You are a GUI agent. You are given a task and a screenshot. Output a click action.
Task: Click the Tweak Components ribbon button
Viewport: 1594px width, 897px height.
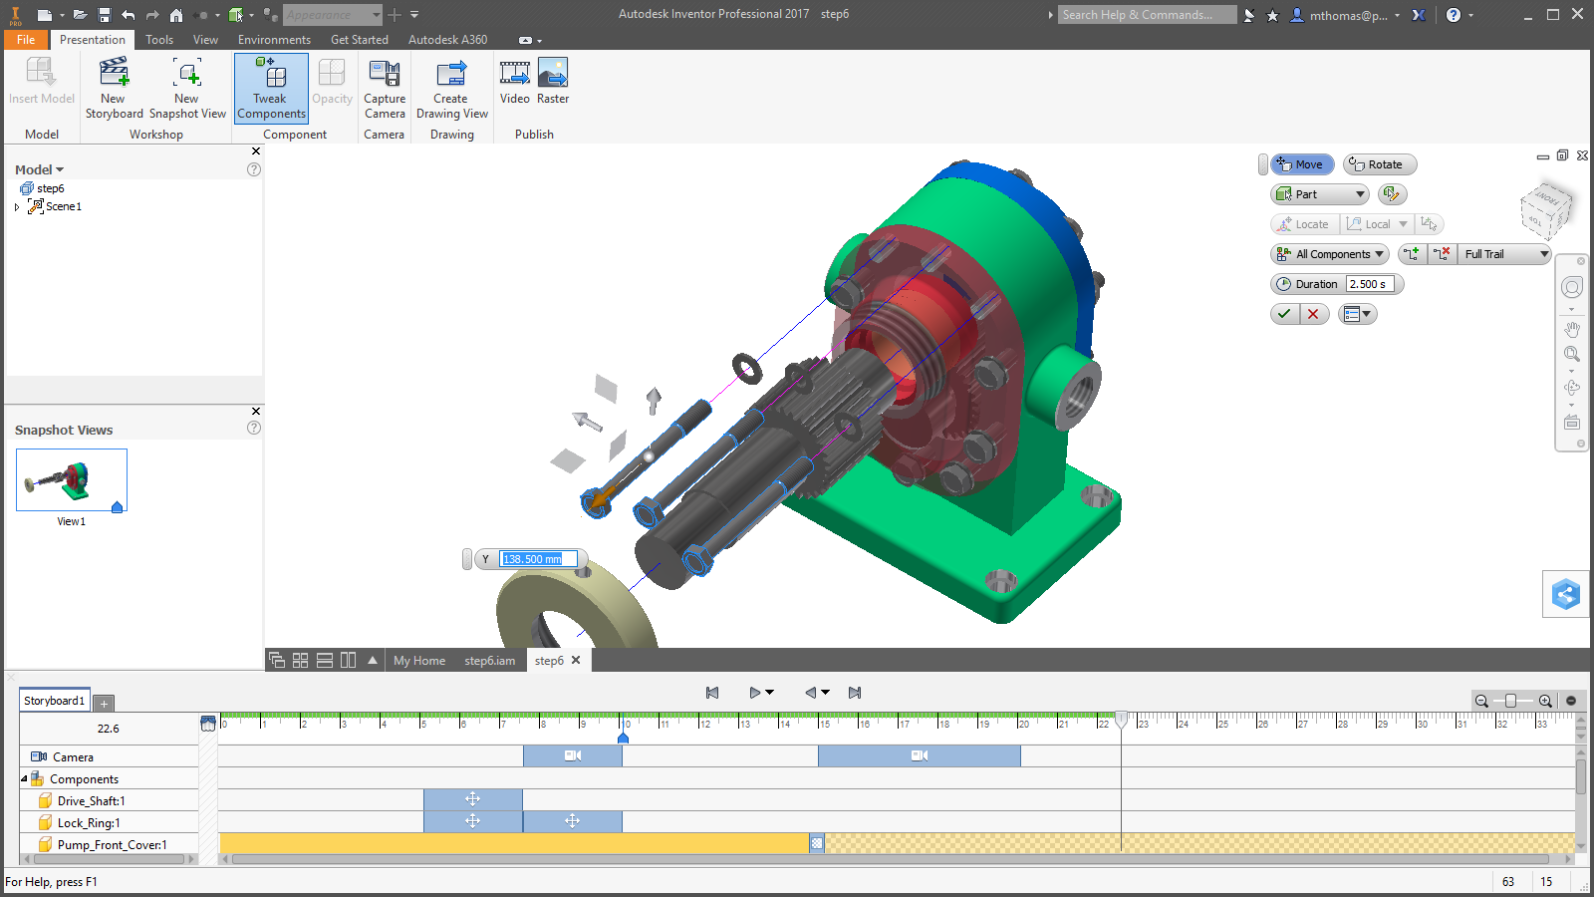[x=271, y=88]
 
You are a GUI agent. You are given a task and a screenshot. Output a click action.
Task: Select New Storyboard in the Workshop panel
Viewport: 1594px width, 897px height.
[x=114, y=88]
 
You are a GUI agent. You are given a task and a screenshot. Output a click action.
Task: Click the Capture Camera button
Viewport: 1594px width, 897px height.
[x=385, y=88]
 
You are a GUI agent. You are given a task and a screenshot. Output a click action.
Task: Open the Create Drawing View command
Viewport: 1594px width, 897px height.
[x=451, y=88]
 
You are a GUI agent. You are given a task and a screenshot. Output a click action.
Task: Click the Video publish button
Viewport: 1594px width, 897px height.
[x=514, y=82]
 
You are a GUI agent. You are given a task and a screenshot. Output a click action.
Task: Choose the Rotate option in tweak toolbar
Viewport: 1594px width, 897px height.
[x=1380, y=164]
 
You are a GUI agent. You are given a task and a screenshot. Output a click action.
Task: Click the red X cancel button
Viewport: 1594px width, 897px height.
[x=1313, y=314]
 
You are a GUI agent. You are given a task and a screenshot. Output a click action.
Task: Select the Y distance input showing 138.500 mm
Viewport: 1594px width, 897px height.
[x=537, y=559]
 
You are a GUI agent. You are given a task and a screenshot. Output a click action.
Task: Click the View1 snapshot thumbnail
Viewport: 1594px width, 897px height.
[x=72, y=480]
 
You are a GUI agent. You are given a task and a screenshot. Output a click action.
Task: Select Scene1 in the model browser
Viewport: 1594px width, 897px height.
[x=63, y=206]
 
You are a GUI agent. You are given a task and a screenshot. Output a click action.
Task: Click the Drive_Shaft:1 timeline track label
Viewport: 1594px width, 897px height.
[x=91, y=801]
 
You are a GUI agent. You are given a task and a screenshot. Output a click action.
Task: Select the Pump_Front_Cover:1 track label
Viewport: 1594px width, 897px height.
[x=112, y=845]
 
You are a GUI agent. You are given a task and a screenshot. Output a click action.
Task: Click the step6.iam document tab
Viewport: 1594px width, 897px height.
[x=489, y=661]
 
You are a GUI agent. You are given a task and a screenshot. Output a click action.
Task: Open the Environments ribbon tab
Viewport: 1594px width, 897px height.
[x=274, y=40]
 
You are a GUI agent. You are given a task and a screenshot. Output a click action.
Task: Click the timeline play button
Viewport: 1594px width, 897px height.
[x=754, y=693]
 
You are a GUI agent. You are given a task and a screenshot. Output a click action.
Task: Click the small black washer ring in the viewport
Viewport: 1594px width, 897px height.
[x=747, y=369]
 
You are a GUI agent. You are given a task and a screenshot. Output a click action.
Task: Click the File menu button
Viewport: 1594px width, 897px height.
[x=26, y=40]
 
